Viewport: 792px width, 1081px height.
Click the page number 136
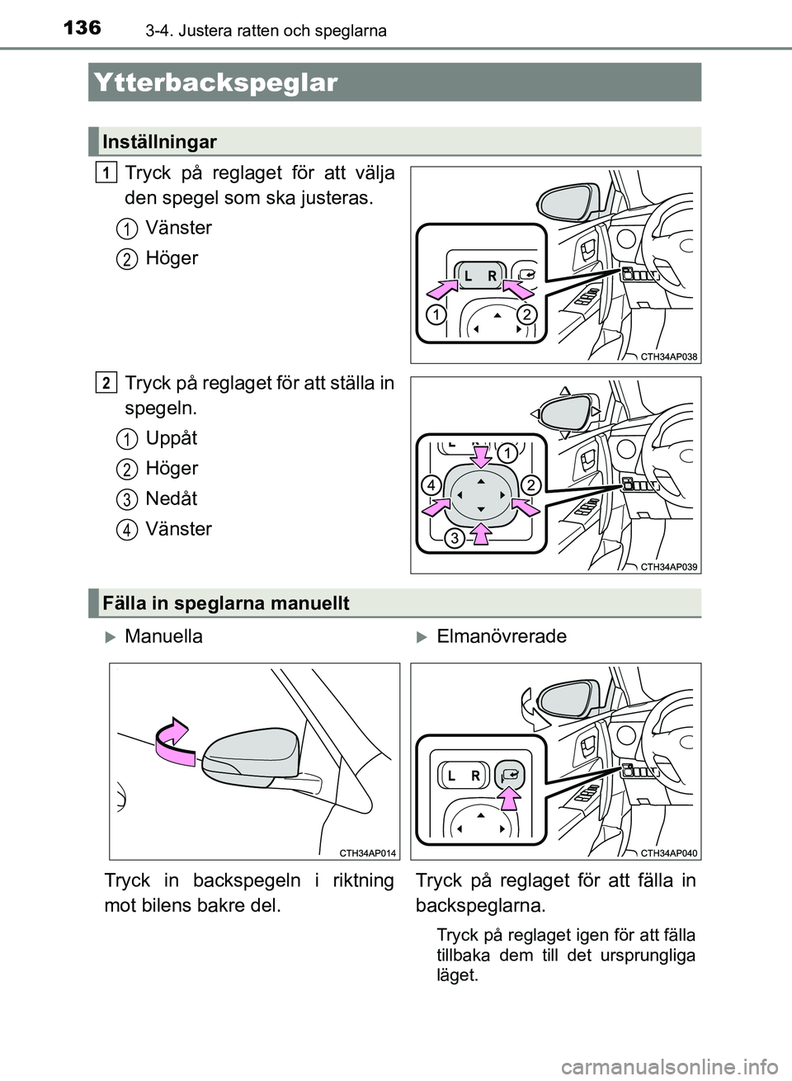pos(82,28)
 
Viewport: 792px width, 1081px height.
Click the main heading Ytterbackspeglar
pos(216,83)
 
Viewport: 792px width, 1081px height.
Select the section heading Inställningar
pos(159,142)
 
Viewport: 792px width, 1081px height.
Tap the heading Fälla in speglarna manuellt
pos(226,603)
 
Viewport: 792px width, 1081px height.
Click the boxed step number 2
pos(106,383)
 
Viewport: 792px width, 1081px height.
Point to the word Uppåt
pos(172,438)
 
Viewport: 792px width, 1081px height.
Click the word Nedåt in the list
pos(172,498)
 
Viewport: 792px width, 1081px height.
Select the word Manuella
pos(163,636)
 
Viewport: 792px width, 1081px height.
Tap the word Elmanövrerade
pos(502,636)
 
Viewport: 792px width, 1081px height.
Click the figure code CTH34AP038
pos(668,357)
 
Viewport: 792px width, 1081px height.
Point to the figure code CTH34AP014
pos(367,853)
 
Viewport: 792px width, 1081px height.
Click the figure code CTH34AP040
pos(668,853)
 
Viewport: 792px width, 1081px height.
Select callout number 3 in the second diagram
pos(454,539)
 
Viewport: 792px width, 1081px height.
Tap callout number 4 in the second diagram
pos(431,485)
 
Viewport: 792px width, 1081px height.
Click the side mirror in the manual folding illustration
pos(252,755)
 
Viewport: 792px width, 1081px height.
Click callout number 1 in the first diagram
pos(436,314)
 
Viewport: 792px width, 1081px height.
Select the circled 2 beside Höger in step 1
pos(126,259)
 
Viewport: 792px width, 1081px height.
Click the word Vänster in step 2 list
pos(178,529)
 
